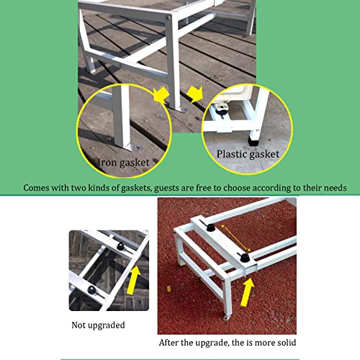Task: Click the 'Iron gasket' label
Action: (x=123, y=163)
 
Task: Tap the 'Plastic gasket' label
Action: (x=248, y=154)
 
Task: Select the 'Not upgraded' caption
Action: (x=98, y=325)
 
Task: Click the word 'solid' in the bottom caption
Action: (x=287, y=343)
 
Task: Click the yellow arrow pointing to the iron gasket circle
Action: (x=161, y=95)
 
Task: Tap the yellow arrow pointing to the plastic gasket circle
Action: (x=195, y=94)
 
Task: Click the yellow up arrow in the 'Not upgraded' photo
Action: (x=133, y=280)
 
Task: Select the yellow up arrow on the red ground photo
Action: (x=247, y=292)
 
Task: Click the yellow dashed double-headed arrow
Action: (x=236, y=238)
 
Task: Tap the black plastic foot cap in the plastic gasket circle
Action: (x=253, y=142)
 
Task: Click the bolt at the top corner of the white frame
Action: (x=168, y=17)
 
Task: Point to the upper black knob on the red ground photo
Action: (x=211, y=228)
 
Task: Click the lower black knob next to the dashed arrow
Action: (x=245, y=258)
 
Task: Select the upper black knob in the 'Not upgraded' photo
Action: (x=120, y=246)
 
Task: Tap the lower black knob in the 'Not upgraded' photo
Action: (x=91, y=290)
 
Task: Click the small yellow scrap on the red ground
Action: (x=169, y=289)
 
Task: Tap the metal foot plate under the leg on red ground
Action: (x=225, y=318)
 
